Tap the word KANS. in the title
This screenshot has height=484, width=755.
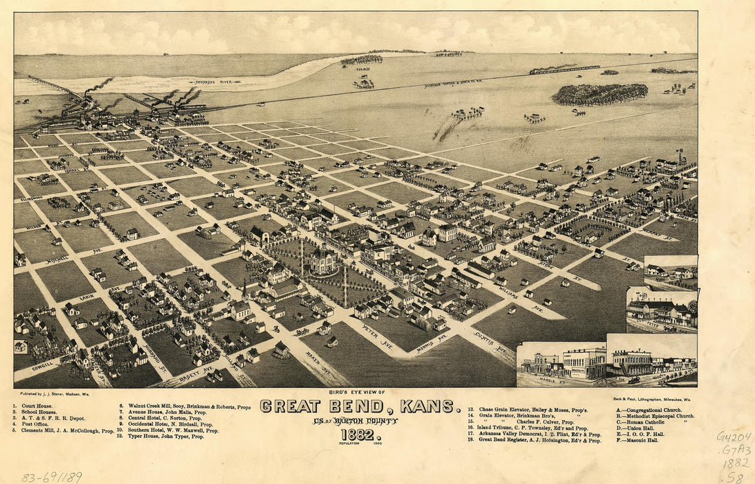(x=430, y=406)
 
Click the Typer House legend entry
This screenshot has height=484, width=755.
(x=165, y=437)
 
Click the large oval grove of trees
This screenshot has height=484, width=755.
(x=599, y=94)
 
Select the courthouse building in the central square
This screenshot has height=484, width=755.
(x=322, y=261)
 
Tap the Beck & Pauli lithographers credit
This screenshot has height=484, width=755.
(x=651, y=398)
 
